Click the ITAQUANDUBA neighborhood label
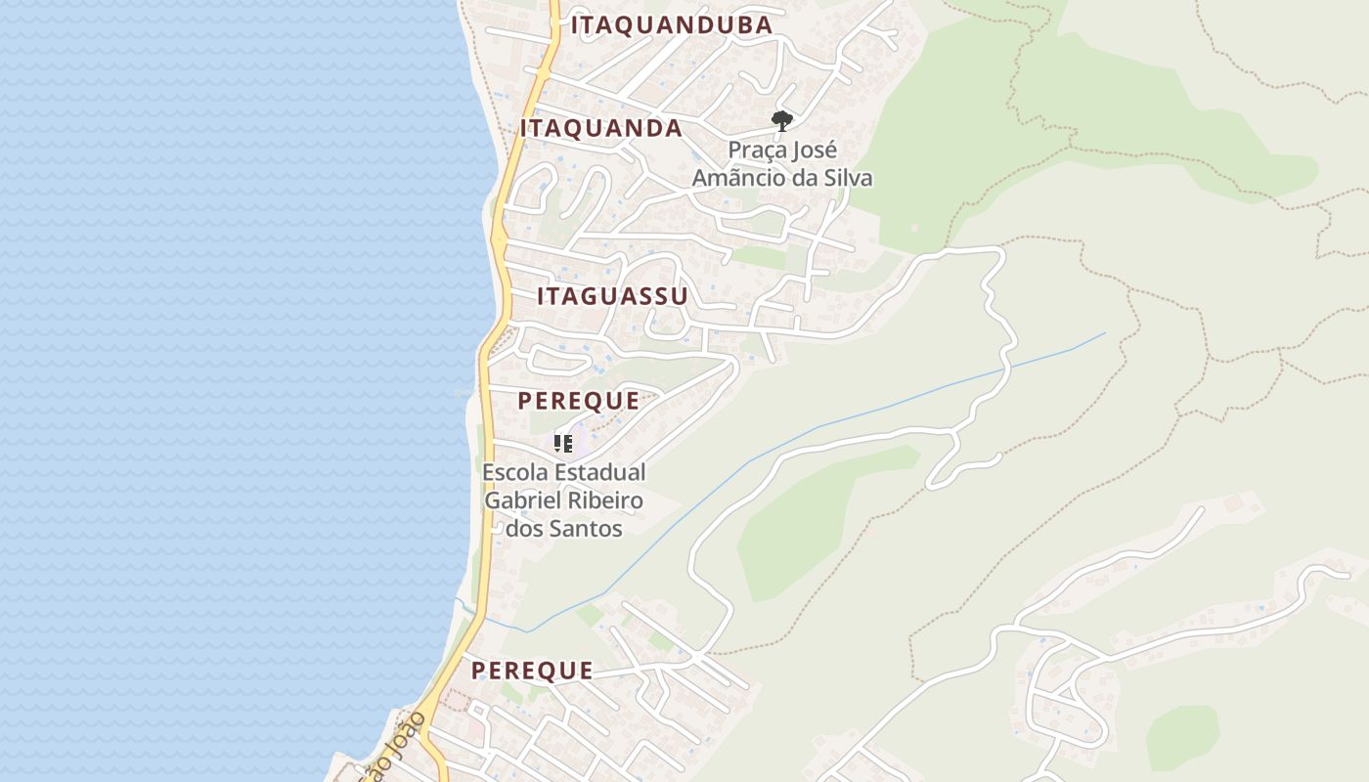(672, 25)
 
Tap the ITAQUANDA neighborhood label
(601, 128)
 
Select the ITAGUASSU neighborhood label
(612, 296)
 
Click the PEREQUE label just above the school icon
(579, 401)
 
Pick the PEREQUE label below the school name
(532, 671)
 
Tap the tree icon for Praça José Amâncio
(781, 121)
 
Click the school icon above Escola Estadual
(563, 444)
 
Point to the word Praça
(756, 152)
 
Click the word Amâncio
(736, 178)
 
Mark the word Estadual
(600, 472)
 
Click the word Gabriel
(523, 500)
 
